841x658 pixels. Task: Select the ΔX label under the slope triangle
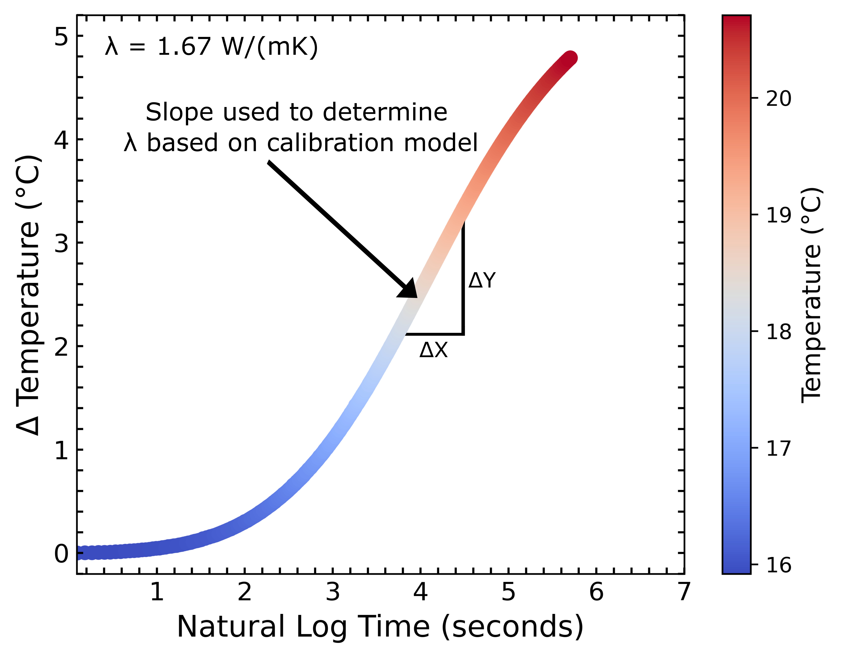tap(434, 350)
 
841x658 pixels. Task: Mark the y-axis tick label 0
tap(61, 554)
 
